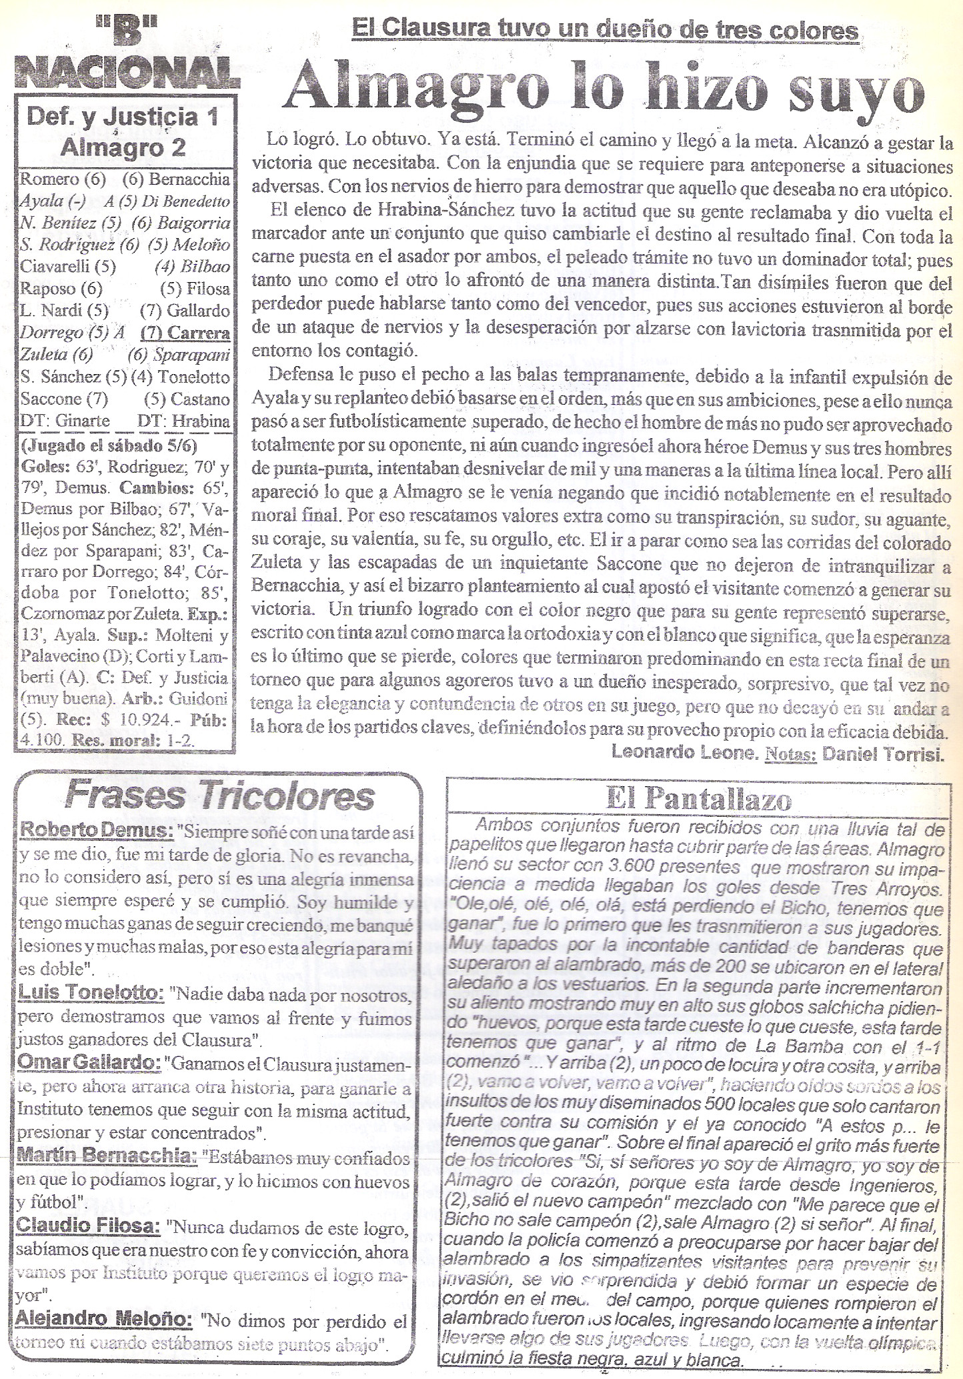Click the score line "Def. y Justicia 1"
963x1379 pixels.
pos(126,119)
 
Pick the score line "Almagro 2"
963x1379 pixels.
pos(123,148)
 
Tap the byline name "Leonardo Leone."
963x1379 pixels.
pos(680,754)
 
